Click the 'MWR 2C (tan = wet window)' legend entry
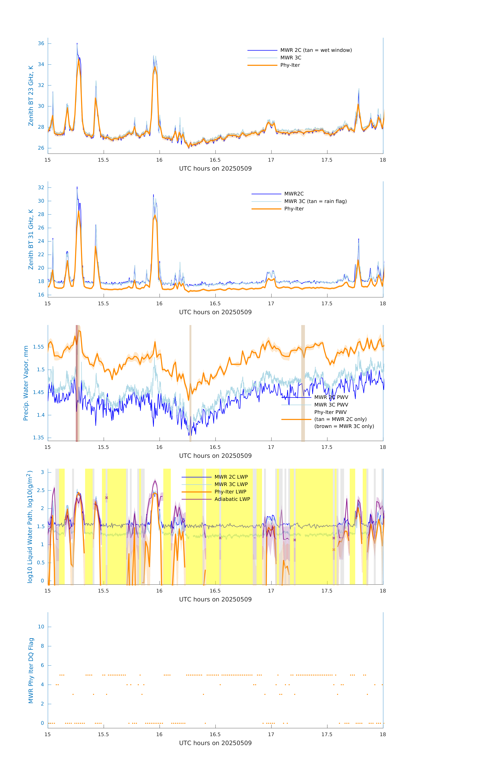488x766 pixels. coord(316,50)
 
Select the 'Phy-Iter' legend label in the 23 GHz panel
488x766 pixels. coord(290,65)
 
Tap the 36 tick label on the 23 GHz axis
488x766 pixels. coord(41,44)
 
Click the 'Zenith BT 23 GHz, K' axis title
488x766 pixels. coord(31,96)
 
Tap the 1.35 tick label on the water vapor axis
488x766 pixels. coord(39,438)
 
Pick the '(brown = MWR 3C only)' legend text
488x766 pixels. coord(344,426)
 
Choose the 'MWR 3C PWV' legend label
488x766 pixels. coord(331,405)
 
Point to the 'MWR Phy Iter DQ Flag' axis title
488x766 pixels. coord(31,671)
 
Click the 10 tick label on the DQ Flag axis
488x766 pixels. coord(41,627)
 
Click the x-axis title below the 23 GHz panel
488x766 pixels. coord(215,169)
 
